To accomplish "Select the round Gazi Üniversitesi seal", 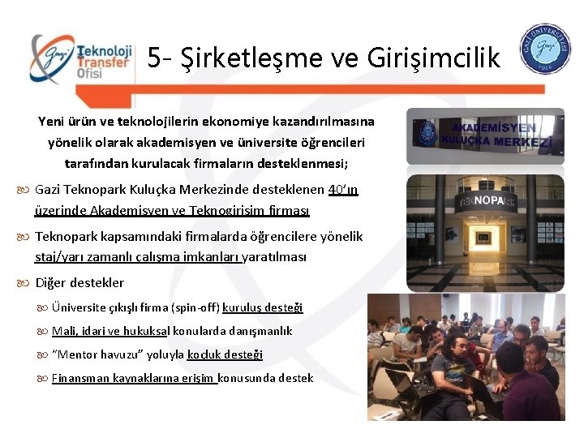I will [x=545, y=51].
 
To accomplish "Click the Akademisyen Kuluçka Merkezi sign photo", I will [x=485, y=135].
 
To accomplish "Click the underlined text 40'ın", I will [x=343, y=190].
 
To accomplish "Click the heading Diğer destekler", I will [x=79, y=283].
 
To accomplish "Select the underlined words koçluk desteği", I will [x=225, y=354].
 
